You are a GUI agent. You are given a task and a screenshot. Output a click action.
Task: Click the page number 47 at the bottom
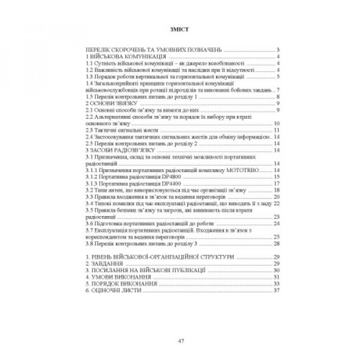[180, 341]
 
